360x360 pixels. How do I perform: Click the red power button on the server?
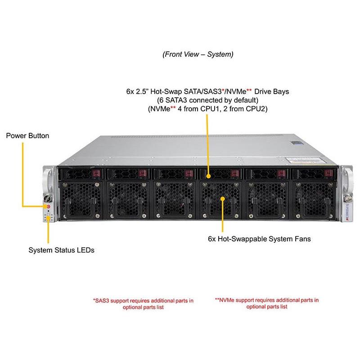point(49,206)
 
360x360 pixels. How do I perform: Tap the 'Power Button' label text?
point(27,135)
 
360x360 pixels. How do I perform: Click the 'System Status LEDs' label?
point(62,250)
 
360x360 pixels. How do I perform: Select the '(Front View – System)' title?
point(198,54)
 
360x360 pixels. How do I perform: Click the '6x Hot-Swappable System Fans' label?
point(260,239)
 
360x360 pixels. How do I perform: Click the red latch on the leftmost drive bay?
point(95,174)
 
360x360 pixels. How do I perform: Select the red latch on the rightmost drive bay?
point(328,174)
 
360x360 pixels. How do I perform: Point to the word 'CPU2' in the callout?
point(257,109)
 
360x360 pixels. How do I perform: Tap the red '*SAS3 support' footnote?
point(143,303)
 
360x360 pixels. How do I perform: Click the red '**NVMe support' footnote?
point(267,303)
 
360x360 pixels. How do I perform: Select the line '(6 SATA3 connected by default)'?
point(207,100)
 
